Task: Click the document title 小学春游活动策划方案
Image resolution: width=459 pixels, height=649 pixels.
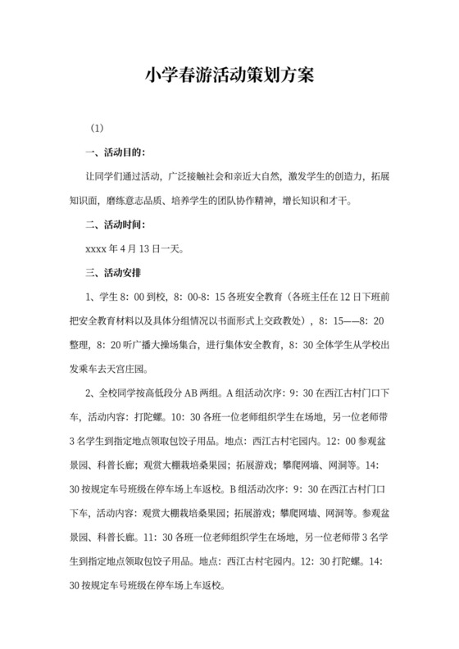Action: click(229, 76)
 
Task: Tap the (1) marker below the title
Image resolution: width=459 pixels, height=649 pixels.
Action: click(97, 129)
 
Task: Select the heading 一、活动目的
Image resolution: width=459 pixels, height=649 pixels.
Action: click(116, 152)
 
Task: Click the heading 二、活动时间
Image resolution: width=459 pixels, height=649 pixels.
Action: click(116, 224)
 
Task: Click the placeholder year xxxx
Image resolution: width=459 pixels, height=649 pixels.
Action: click(98, 247)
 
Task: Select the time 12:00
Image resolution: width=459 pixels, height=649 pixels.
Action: click(334, 438)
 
